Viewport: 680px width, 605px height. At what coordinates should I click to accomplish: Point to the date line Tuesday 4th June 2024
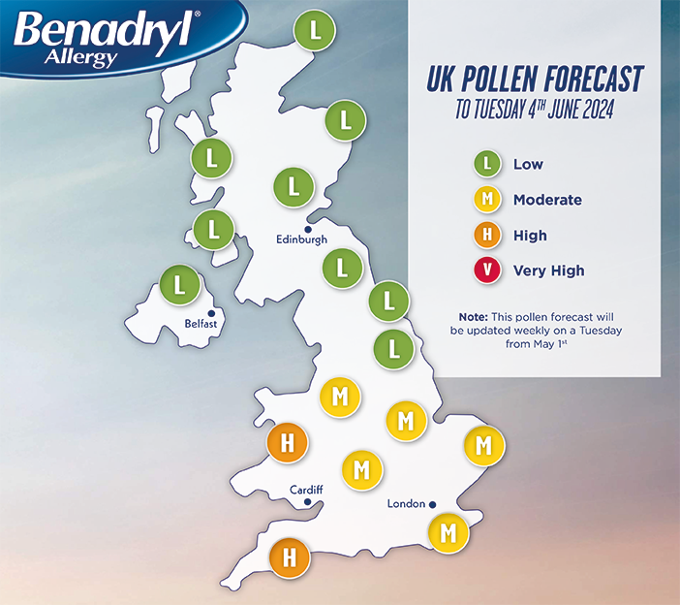tap(535, 110)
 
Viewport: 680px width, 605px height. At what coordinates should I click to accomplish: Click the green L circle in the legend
tap(488, 164)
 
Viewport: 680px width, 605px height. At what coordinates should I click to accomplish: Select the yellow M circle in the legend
tap(488, 200)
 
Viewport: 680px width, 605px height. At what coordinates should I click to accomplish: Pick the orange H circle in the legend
tap(488, 235)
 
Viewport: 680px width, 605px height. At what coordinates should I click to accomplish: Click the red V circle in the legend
tap(488, 271)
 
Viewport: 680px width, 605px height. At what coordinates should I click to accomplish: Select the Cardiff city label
tap(306, 490)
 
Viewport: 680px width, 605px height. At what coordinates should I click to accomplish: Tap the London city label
tap(406, 504)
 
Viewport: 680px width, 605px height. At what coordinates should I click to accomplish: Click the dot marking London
tap(433, 504)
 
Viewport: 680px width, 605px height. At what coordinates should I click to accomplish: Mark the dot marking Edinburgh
tap(308, 229)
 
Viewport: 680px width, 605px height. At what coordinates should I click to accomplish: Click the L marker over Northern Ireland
tap(179, 284)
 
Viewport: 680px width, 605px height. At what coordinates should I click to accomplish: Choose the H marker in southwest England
tap(288, 558)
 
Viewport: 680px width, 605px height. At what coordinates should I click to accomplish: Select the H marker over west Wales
tap(287, 444)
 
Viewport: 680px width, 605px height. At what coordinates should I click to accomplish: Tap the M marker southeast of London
tap(448, 532)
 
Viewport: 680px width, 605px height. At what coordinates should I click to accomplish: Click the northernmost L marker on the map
tap(315, 29)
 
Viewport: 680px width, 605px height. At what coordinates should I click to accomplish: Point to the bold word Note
tap(474, 317)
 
